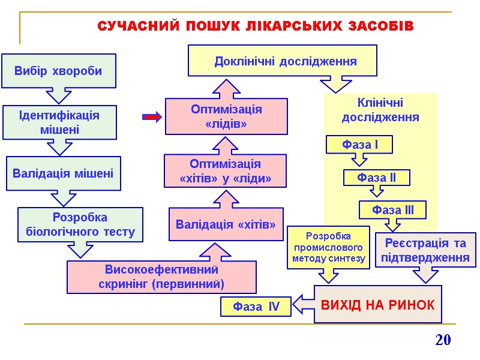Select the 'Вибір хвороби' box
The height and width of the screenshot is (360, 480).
tap(58, 71)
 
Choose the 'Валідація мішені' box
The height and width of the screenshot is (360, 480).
tap(63, 173)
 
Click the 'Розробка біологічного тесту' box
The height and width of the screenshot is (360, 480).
tap(80, 224)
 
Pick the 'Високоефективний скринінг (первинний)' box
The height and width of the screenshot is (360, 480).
tap(161, 277)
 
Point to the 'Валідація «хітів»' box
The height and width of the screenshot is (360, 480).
tap(226, 224)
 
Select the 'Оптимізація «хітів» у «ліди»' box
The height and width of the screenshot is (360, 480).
tap(226, 171)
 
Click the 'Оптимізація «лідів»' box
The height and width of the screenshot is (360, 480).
tap(226, 116)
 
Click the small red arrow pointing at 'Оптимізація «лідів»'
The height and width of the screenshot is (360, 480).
tap(152, 117)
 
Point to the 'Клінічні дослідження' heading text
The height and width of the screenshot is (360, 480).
tap(380, 110)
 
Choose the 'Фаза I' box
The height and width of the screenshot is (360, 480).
tap(359, 145)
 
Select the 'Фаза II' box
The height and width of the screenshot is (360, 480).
tap(377, 178)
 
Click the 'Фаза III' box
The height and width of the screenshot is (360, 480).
tap(393, 210)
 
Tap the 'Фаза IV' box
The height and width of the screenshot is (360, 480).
tap(256, 307)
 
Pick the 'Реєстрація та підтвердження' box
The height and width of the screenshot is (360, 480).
tap(425, 250)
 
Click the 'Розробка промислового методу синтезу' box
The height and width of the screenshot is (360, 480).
tap(329, 247)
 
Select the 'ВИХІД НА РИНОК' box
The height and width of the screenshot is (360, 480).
tap(378, 304)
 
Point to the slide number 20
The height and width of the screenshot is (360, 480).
tap(443, 340)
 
